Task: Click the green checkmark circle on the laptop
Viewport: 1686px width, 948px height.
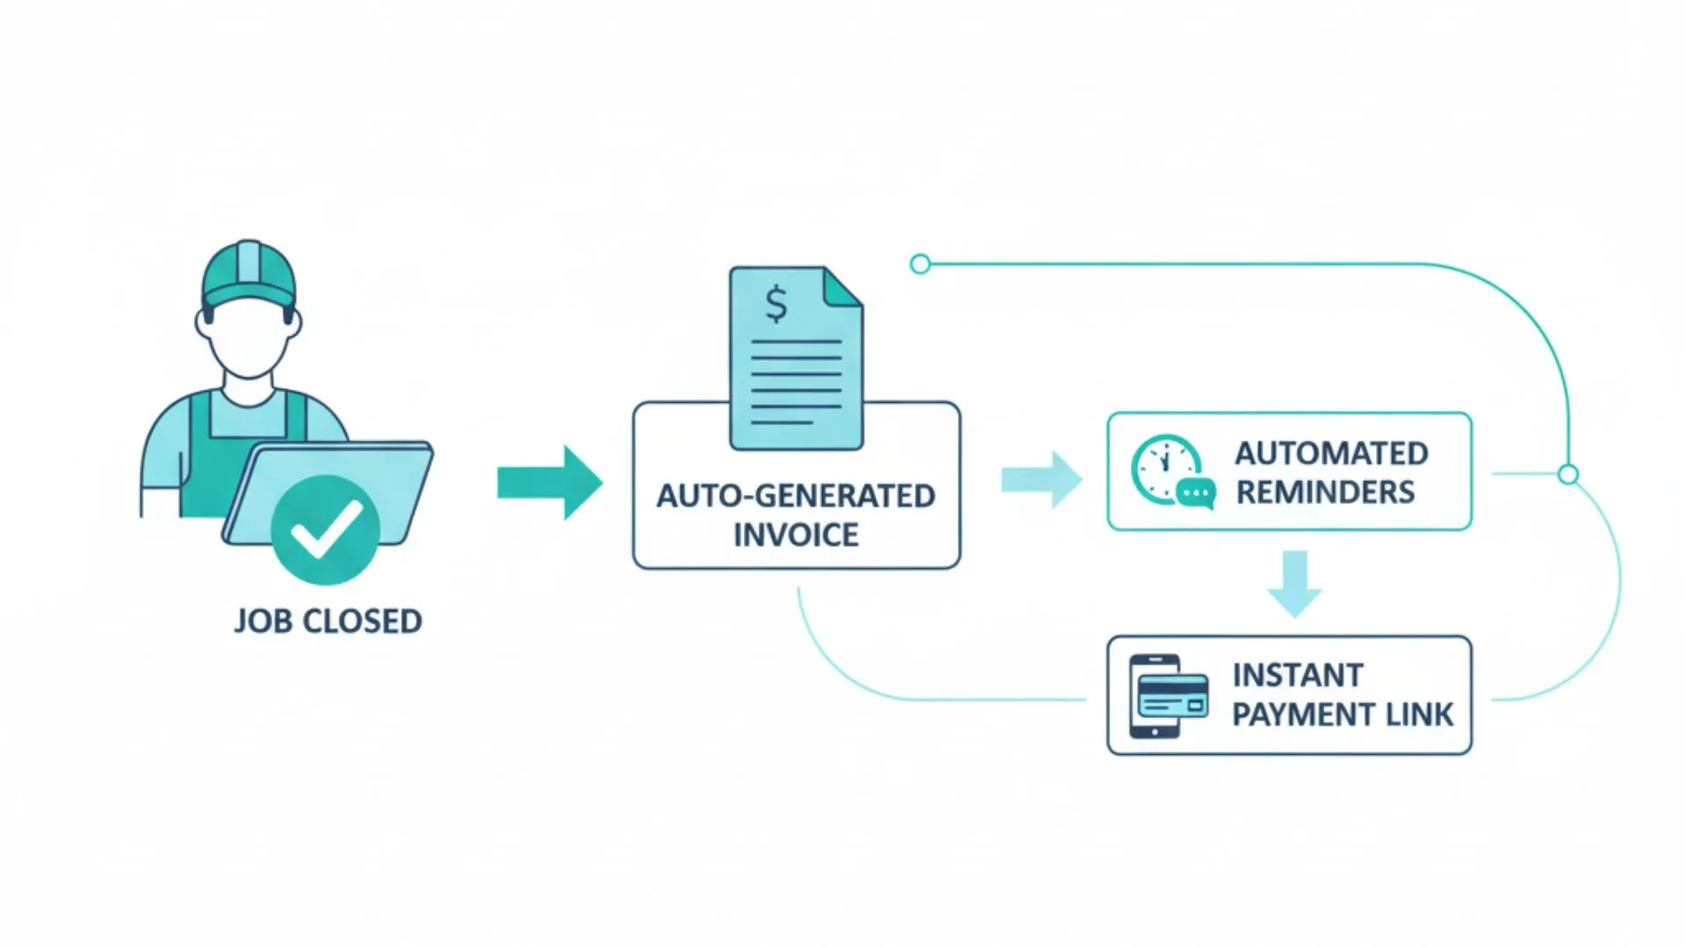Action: [x=325, y=530]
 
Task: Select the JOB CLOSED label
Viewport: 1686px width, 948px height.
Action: [x=328, y=621]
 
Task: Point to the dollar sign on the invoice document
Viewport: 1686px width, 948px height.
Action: [x=776, y=304]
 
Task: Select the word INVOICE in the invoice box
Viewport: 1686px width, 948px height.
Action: [x=796, y=535]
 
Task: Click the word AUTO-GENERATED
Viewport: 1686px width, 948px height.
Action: [x=796, y=496]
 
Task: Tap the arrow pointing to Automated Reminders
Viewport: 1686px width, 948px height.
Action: [x=1042, y=480]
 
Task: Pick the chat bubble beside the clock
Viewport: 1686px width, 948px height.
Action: [x=1196, y=493]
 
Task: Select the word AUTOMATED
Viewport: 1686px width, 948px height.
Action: [x=1331, y=454]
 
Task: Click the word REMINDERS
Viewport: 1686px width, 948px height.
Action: [x=1325, y=492]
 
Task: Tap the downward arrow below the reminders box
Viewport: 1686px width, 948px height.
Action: [x=1294, y=584]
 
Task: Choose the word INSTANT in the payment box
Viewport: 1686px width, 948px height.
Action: [x=1297, y=676]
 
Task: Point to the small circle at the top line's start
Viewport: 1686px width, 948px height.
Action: [x=919, y=263]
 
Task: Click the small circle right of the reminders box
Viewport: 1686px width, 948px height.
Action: [x=1567, y=475]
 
